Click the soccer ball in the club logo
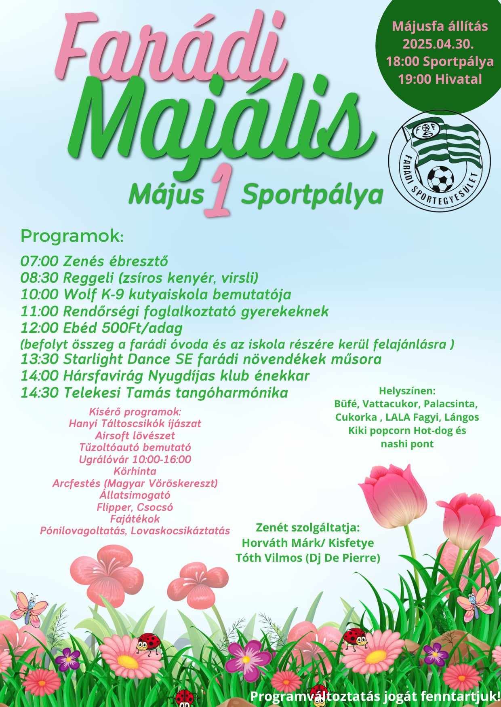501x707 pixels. [440, 179]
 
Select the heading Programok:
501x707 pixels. [72, 236]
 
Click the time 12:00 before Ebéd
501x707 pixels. [40, 327]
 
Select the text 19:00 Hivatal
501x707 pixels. [440, 79]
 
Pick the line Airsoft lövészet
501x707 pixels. [135, 436]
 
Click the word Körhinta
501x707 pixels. [135, 471]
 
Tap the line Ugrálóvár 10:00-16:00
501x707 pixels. [135, 459]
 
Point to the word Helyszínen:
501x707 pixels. [407, 391]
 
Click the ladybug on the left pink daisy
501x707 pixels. [148, 643]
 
